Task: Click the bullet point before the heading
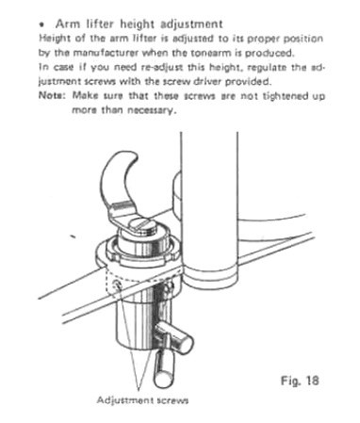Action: point(41,24)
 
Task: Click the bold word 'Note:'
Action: point(52,95)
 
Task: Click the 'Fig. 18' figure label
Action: point(300,381)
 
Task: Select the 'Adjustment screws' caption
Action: point(142,400)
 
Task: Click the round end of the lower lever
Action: point(164,380)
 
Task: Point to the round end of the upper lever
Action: point(185,343)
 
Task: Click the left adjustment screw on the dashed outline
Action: point(118,285)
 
